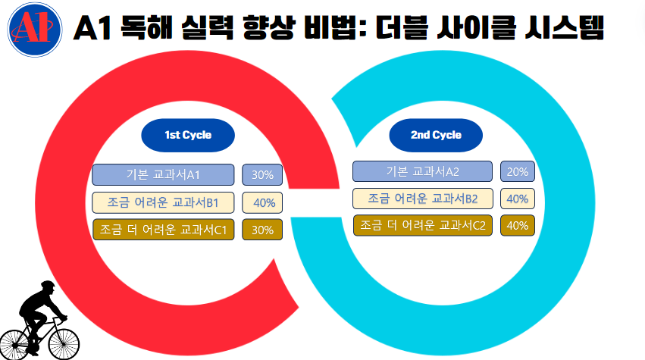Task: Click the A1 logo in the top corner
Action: [x=33, y=32]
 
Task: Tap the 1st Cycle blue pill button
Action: [x=188, y=135]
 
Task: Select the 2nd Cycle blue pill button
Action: [x=436, y=135]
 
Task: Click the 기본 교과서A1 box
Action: [x=163, y=175]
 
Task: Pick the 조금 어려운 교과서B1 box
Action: [x=163, y=202]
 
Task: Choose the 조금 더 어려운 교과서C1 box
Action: [x=163, y=230]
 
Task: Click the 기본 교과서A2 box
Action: [x=423, y=171]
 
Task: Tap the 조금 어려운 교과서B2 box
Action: [x=423, y=199]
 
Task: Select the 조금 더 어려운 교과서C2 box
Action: [x=423, y=225]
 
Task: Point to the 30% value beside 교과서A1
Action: [x=262, y=175]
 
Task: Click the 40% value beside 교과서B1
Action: [x=263, y=202]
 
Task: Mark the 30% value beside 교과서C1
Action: [x=262, y=230]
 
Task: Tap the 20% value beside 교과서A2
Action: [x=517, y=171]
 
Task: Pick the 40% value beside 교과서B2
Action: [x=517, y=199]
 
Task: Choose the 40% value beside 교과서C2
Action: [x=517, y=225]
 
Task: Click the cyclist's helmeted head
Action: [x=47, y=288]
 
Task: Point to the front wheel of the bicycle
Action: [x=64, y=341]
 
